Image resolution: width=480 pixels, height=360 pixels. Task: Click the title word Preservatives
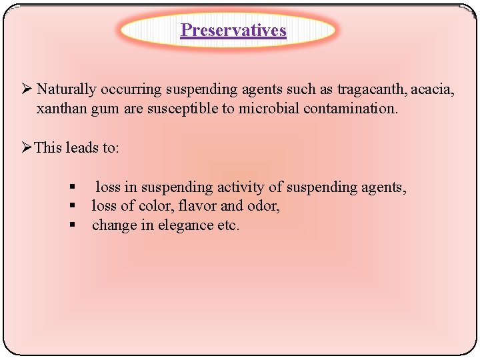233,30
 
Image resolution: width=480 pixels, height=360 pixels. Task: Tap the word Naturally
67,89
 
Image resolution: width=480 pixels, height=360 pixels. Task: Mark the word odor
264,206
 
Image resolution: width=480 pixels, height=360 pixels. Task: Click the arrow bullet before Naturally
26,89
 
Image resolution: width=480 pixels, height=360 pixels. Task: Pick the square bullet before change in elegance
71,225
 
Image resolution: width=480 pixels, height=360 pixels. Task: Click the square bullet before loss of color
71,206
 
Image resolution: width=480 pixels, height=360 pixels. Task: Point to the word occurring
131,89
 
